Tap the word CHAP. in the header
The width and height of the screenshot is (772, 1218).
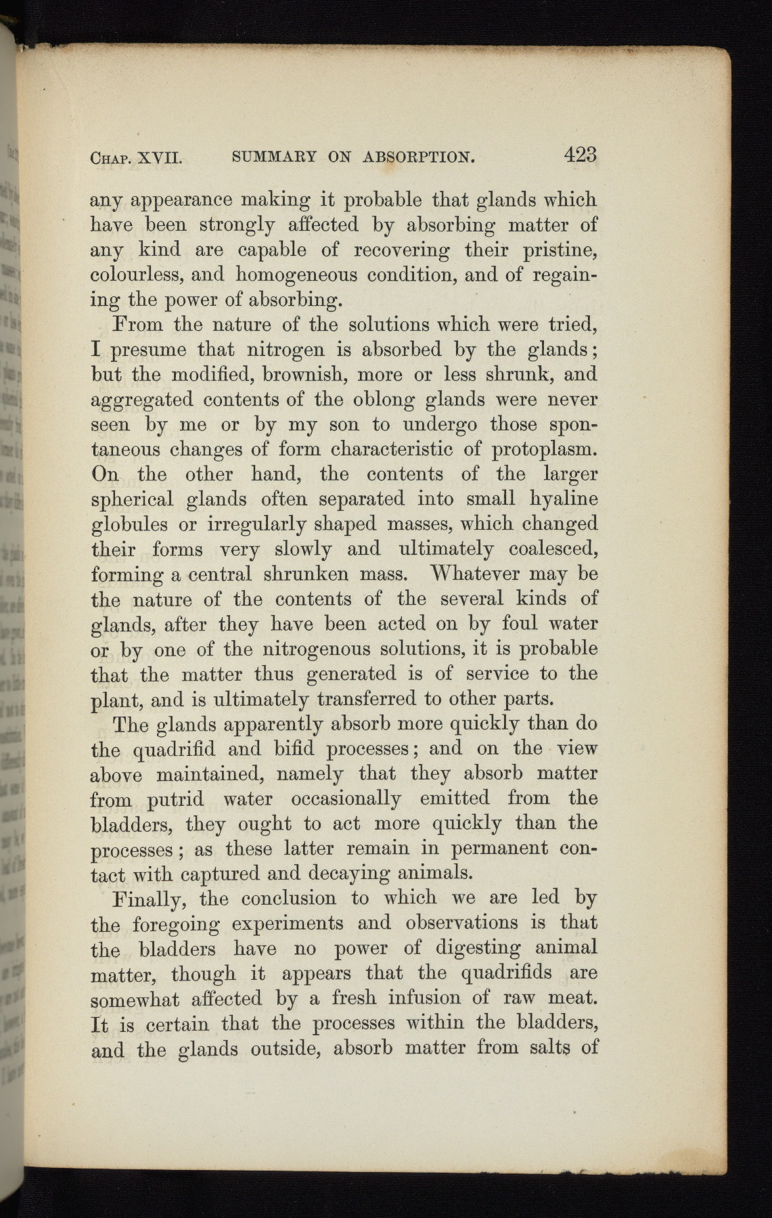click(x=112, y=159)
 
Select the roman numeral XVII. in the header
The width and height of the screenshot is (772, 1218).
click(x=161, y=159)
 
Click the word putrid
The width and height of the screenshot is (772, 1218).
click(x=175, y=799)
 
